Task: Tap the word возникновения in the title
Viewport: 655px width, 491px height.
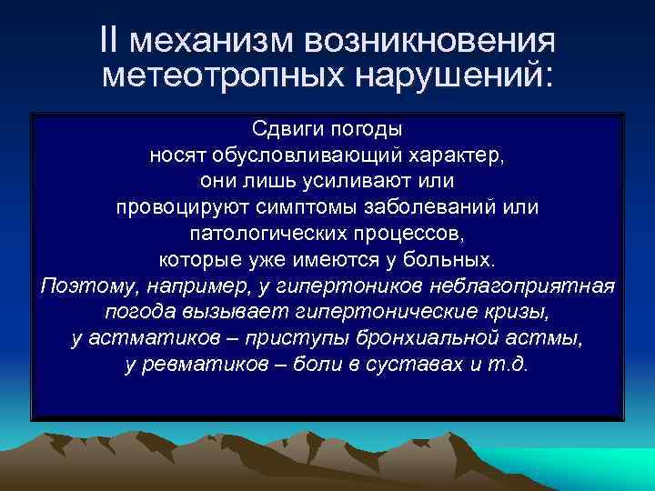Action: [x=431, y=39]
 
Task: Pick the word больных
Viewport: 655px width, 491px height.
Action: [x=454, y=259]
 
